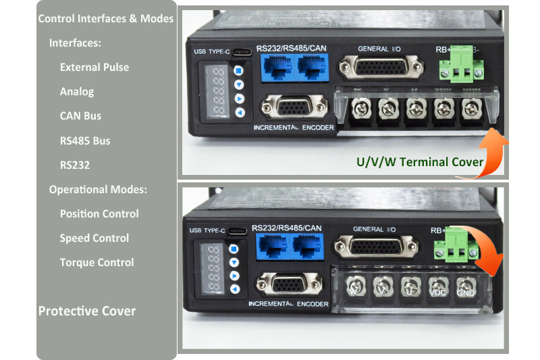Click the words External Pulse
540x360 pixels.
point(94,67)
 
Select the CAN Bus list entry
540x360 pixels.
point(80,115)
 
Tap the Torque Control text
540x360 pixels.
point(97,263)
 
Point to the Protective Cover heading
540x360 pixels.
point(87,311)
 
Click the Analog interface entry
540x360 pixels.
point(77,92)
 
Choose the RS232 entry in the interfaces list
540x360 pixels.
point(75,165)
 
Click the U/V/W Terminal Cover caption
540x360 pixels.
point(420,162)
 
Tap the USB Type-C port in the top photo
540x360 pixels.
point(242,52)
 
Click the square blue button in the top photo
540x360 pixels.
point(238,71)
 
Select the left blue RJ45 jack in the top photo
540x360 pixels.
point(278,68)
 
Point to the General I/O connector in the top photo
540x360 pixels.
point(381,67)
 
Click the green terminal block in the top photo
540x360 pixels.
point(462,66)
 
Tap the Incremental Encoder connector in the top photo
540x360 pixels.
point(294,107)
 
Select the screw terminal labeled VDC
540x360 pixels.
point(437,287)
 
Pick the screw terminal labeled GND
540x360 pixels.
point(466,287)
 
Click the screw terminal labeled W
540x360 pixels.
point(355,286)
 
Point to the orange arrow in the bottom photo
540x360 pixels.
point(484,247)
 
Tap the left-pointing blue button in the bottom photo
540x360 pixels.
point(235,289)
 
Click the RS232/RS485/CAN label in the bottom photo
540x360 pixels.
point(286,228)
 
